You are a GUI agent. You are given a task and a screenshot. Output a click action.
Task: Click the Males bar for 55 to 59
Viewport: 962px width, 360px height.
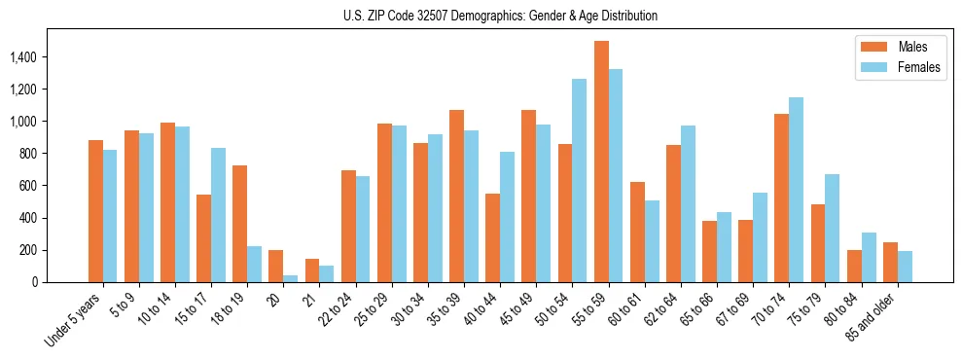pos(601,162)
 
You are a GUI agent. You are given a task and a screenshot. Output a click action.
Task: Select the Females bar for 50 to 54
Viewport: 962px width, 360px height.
pos(580,181)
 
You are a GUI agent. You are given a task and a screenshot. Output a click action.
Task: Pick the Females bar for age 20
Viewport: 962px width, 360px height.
pos(291,278)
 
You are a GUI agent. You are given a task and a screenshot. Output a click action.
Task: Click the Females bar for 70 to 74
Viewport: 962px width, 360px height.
pos(796,190)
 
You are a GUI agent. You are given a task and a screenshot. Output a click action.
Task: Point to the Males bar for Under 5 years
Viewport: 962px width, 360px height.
pos(95,211)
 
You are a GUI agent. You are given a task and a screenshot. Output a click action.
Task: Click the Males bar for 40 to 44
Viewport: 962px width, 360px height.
pos(493,238)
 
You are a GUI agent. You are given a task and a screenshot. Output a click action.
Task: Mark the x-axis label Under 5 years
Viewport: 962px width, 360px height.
pos(72,322)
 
